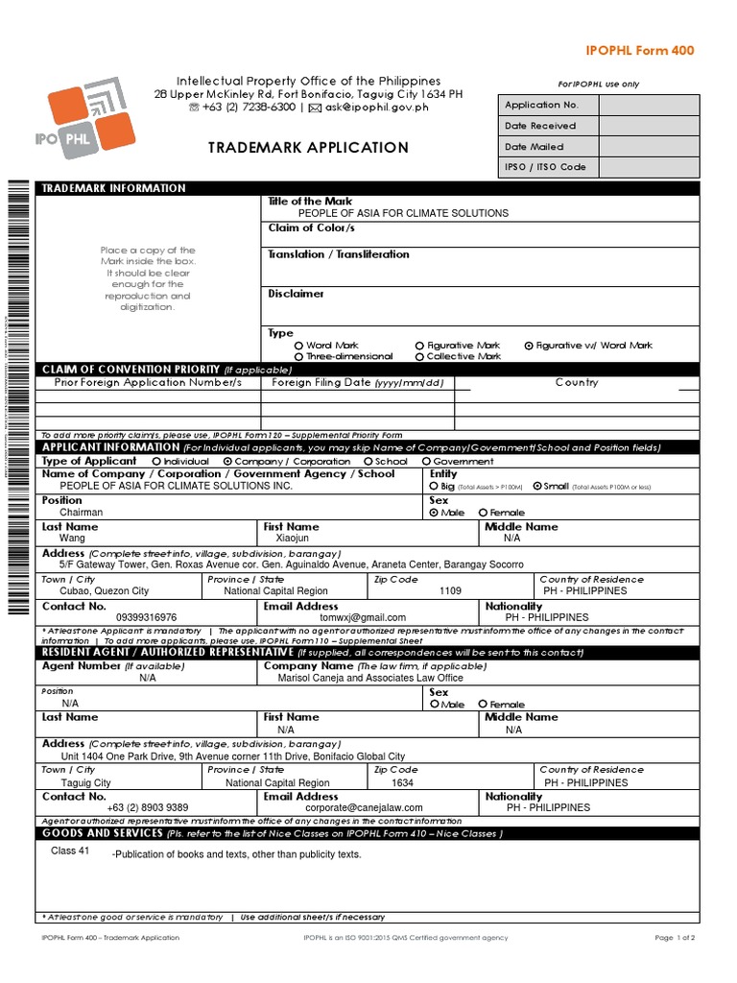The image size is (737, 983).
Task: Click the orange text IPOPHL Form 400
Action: [640, 51]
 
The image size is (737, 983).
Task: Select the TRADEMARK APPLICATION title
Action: [308, 148]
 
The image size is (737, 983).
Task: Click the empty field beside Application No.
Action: [647, 105]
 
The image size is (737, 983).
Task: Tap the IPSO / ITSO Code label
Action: [544, 167]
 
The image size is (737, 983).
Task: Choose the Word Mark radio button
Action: [298, 346]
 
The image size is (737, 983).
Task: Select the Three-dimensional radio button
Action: [298, 356]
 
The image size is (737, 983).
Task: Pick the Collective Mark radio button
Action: [419, 356]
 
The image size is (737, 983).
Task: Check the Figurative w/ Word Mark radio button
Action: [529, 346]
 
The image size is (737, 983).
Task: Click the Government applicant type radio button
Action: [425, 462]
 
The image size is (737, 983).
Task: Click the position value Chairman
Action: [81, 513]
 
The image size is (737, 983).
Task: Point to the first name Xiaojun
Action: [293, 539]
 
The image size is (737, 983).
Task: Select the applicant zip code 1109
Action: [450, 591]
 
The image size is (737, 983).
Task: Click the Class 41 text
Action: [70, 851]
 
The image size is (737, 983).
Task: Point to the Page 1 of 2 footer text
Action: [675, 938]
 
